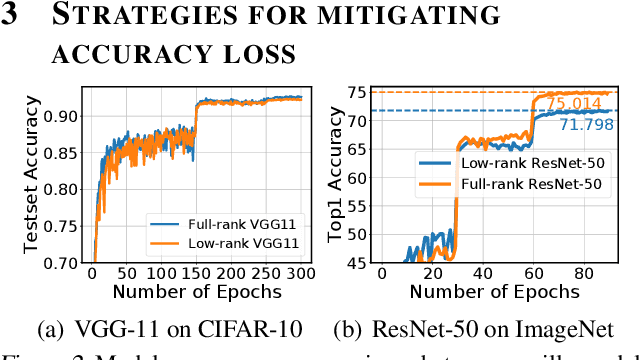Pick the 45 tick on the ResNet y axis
click(355, 262)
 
